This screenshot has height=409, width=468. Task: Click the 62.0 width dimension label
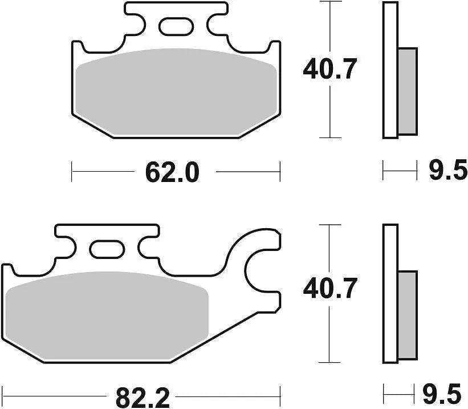[x=172, y=172]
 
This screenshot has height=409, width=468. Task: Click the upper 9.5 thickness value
[x=447, y=171]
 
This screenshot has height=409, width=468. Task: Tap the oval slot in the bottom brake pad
[x=107, y=249]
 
